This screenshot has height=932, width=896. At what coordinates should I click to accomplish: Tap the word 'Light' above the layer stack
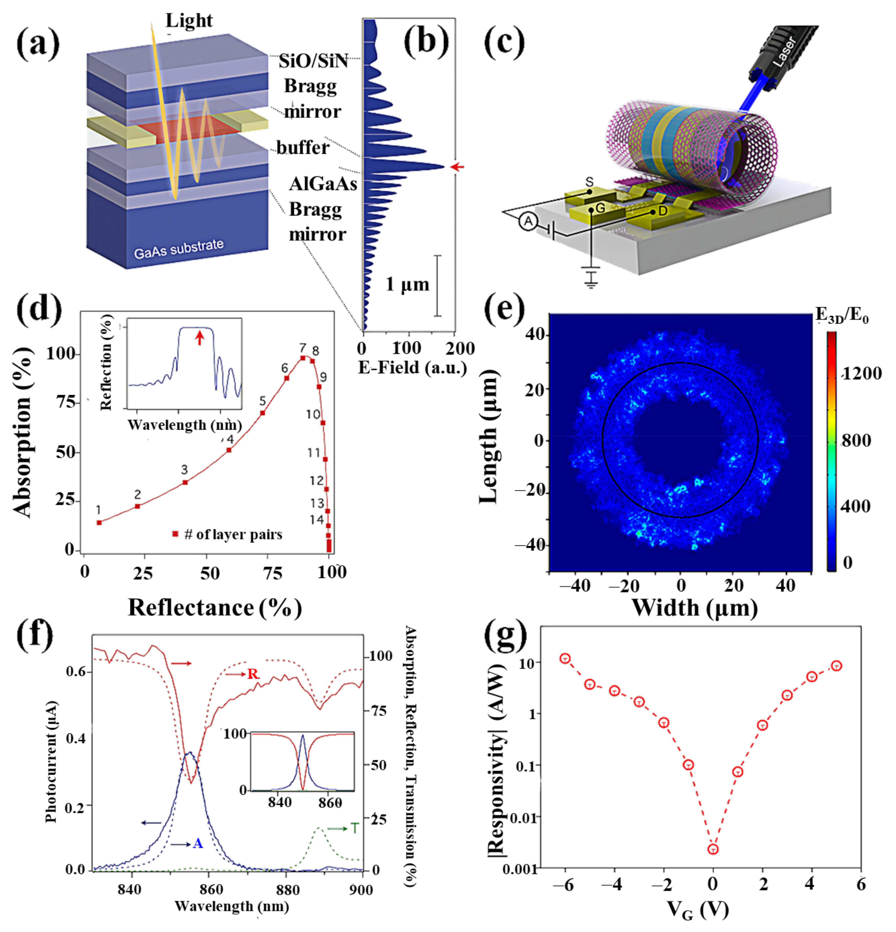(189, 21)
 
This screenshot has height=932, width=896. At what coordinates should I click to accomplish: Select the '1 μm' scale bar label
(407, 284)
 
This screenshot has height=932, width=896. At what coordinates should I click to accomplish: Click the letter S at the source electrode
(589, 182)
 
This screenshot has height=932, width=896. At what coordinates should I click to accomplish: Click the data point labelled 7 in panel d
(303, 358)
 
